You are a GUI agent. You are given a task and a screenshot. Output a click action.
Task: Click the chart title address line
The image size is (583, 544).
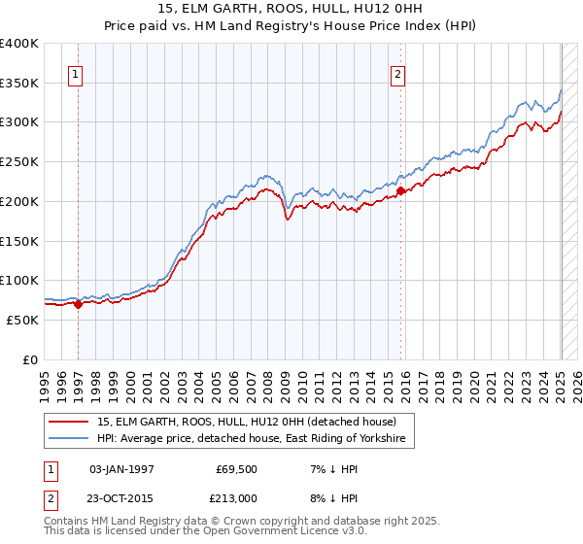(291, 8)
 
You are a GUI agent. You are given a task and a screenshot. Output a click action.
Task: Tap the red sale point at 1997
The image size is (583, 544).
(78, 304)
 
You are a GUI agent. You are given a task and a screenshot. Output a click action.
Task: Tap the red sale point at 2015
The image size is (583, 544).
(401, 191)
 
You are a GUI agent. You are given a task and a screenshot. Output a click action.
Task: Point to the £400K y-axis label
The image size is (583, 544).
(19, 44)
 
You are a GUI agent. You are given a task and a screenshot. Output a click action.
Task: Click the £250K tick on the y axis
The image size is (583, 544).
(19, 162)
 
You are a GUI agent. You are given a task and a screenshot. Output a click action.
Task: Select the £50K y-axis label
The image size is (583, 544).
(23, 320)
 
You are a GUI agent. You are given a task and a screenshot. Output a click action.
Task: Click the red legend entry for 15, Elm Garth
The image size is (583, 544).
(246, 423)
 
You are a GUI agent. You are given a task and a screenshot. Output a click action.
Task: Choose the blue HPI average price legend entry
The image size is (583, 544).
(255, 440)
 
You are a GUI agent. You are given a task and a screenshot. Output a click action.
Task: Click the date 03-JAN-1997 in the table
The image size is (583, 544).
(121, 469)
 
